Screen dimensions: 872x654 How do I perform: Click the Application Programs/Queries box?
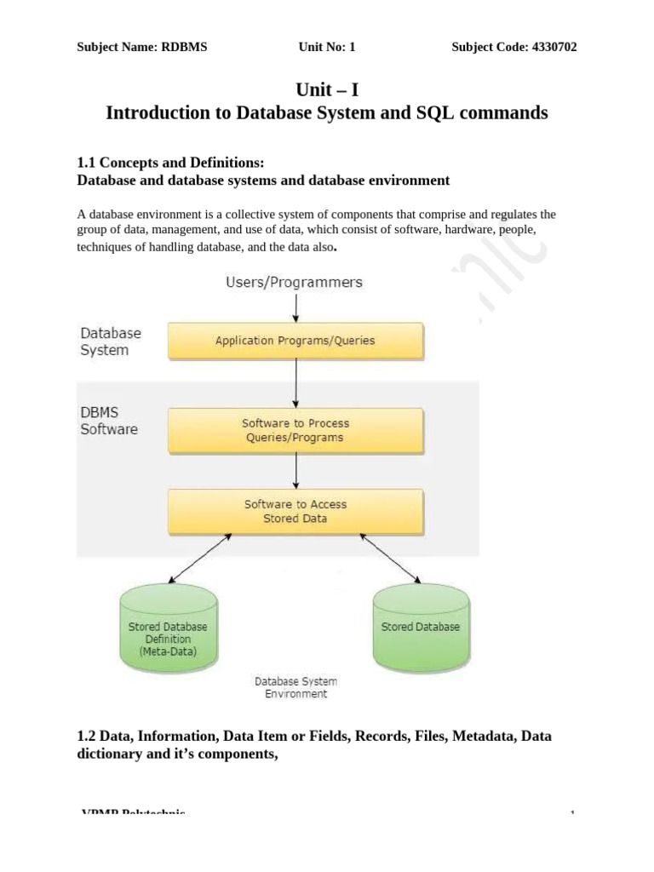tap(295, 341)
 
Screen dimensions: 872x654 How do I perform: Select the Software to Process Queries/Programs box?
tap(295, 430)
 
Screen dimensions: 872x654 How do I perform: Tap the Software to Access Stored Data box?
tap(295, 511)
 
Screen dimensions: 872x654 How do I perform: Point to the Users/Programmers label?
tap(294, 282)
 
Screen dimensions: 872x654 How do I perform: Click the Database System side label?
tap(111, 341)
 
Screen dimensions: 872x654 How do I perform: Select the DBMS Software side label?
tap(109, 422)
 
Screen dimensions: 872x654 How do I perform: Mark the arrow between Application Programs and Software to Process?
tap(295, 382)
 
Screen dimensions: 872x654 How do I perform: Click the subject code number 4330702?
tap(547, 48)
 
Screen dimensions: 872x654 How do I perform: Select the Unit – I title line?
tap(326, 90)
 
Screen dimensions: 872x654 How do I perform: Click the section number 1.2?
tap(88, 736)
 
